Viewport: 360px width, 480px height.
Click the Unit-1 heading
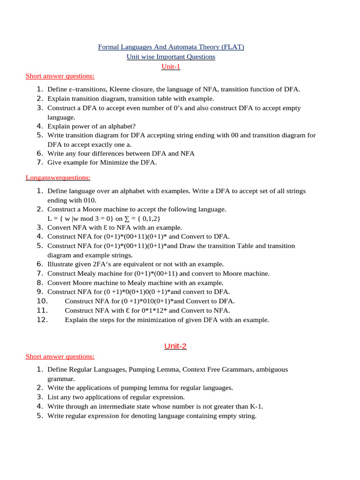click(x=171, y=67)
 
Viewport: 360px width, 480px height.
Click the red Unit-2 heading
click(x=175, y=346)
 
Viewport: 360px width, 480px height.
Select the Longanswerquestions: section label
click(x=58, y=178)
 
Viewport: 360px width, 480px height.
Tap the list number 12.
click(x=42, y=320)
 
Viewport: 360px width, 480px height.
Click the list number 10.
click(x=42, y=301)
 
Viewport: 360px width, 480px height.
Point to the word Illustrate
click(x=60, y=264)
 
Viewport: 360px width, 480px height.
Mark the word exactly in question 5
click(x=100, y=144)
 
